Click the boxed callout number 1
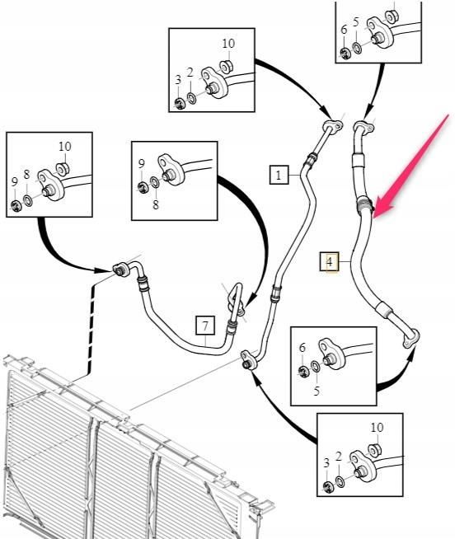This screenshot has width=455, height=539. [x=279, y=175]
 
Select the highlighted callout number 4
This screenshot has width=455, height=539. [x=329, y=262]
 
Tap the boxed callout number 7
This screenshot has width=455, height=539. [x=205, y=326]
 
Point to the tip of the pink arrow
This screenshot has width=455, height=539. [x=374, y=217]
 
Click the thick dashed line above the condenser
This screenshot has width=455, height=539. [x=90, y=330]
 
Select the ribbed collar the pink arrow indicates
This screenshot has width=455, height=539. [x=364, y=204]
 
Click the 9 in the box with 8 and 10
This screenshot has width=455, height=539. [x=15, y=181]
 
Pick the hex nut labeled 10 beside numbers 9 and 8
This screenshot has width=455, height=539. [x=63, y=169]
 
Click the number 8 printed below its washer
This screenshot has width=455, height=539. [x=156, y=205]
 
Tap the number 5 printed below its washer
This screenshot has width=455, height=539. [x=317, y=391]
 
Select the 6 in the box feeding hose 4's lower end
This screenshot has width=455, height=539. [x=302, y=348]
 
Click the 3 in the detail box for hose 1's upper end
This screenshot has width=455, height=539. [x=178, y=80]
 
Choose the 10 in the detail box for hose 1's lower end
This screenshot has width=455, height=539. [x=377, y=427]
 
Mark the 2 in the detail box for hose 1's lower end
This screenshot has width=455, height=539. [x=339, y=457]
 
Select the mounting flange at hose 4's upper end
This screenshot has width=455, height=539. [x=364, y=127]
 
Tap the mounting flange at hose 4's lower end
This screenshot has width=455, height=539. [x=411, y=338]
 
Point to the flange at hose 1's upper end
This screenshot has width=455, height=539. [x=333, y=125]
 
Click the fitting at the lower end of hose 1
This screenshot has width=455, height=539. [x=249, y=360]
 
